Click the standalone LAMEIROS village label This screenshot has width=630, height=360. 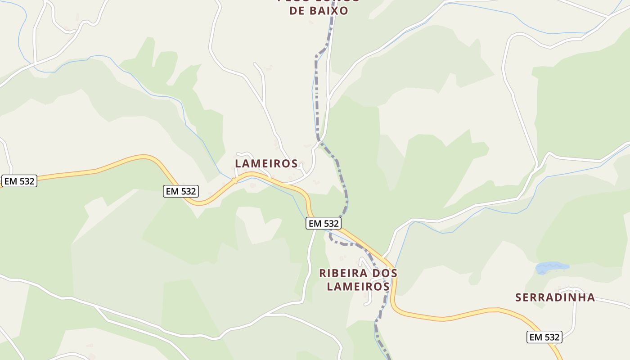coord(266,163)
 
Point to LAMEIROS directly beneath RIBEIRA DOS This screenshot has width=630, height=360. coord(358,286)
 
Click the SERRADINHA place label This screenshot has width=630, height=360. coord(555,297)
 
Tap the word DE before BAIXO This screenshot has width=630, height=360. coord(297,11)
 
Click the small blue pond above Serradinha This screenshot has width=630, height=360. coord(552,268)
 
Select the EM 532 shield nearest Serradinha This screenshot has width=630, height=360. coord(544,337)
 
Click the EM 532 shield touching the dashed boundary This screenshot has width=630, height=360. coord(323,223)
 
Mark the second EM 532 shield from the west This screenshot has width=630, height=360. coord(181,191)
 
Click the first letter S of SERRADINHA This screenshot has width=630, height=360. coord(518,297)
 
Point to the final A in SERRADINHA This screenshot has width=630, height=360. coord(591,297)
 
